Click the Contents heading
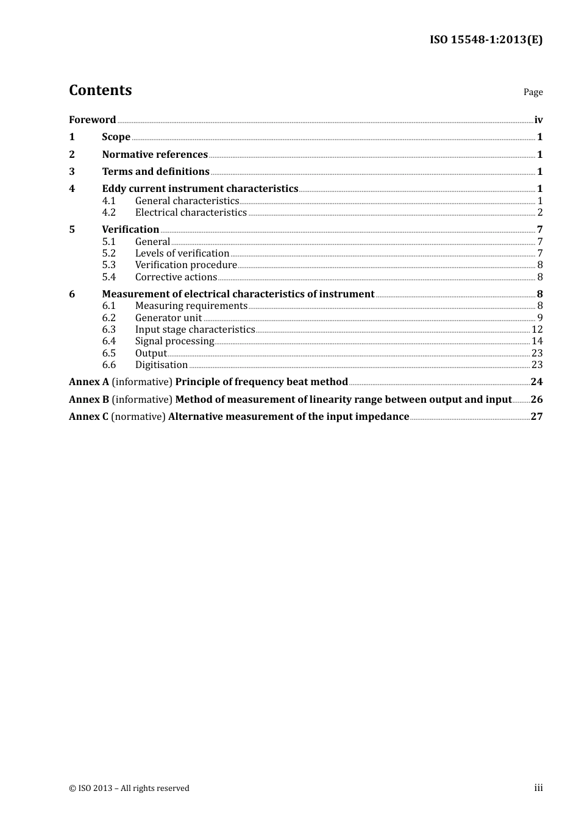(x=100, y=90)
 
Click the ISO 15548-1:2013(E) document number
(x=486, y=40)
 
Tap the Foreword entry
(x=92, y=119)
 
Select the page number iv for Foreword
(x=538, y=119)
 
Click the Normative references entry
(x=155, y=154)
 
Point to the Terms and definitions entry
(x=155, y=171)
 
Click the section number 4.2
(x=108, y=212)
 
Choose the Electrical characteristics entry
(x=191, y=212)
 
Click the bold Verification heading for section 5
(x=130, y=229)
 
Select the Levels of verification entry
(x=182, y=253)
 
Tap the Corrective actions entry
(x=176, y=277)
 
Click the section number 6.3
(x=108, y=329)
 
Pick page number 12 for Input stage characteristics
(x=537, y=329)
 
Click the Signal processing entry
(x=174, y=341)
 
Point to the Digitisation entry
(x=162, y=364)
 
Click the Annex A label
(x=89, y=381)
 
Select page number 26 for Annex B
(x=536, y=399)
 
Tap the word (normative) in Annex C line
(x=138, y=416)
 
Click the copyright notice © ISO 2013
(x=129, y=788)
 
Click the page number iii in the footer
(x=538, y=787)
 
